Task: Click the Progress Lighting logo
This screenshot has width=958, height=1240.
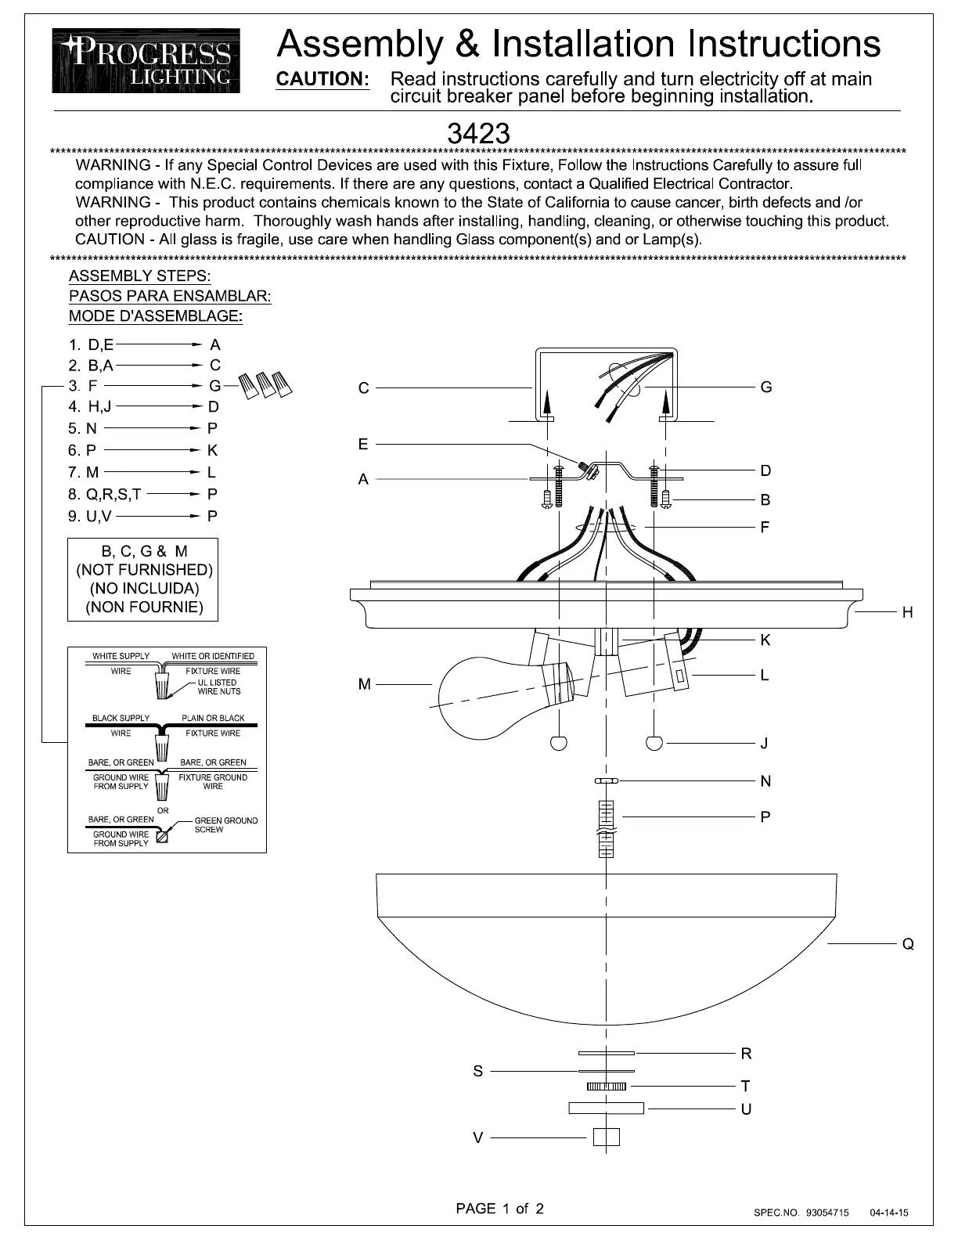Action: tap(146, 61)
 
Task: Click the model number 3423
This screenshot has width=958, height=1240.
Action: tap(478, 134)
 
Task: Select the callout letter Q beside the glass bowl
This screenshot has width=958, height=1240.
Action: tap(908, 944)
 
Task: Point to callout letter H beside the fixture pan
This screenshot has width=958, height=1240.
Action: tap(908, 612)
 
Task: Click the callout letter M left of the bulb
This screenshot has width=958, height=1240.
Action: tap(365, 685)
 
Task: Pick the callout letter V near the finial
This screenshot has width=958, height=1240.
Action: tap(478, 1137)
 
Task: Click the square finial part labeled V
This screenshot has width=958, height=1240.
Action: tap(607, 1137)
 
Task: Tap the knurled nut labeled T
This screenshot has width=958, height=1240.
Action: tap(607, 1086)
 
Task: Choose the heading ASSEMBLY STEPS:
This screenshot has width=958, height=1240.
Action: tap(139, 276)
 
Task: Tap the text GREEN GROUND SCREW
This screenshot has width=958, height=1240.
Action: tap(225, 825)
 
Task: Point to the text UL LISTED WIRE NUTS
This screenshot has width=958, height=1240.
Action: tap(219, 687)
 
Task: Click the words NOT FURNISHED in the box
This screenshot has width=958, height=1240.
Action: tap(143, 570)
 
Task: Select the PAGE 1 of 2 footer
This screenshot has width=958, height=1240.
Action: tap(499, 1208)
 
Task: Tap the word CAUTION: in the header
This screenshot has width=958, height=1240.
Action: tap(323, 79)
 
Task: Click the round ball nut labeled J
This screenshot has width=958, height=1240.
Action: tap(655, 743)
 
